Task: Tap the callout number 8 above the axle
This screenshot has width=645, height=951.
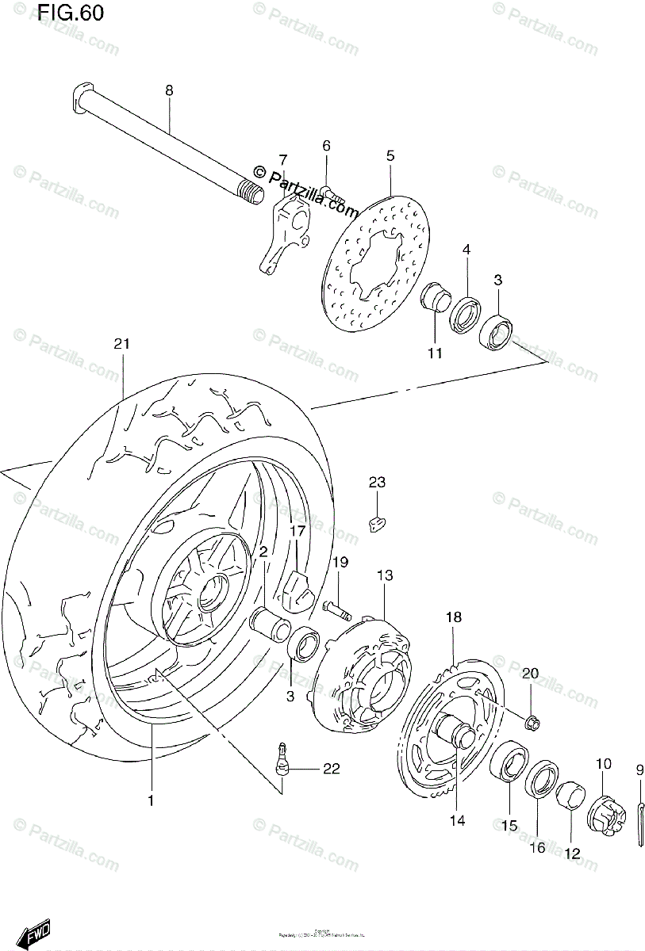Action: [168, 91]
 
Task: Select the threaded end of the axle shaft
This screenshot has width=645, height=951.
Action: [251, 192]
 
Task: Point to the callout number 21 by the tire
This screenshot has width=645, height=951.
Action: [121, 344]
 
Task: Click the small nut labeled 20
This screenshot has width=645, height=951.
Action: [532, 721]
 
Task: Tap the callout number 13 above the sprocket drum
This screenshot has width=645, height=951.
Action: [384, 575]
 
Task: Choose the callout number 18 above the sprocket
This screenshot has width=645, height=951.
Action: [453, 617]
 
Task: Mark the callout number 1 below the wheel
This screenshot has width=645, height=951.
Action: [151, 801]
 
